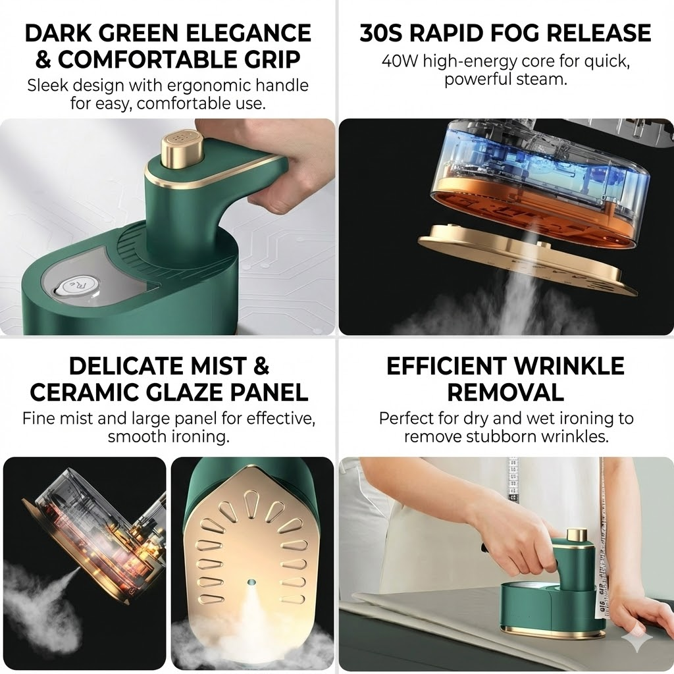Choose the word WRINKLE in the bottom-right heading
(x=569, y=366)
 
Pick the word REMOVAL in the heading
(x=505, y=392)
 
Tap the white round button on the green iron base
(x=79, y=286)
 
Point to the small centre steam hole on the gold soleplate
(x=251, y=583)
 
